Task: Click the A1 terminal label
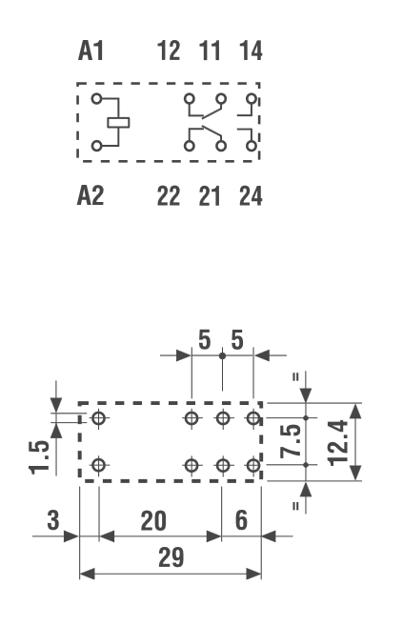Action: [91, 51]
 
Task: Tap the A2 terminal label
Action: [91, 196]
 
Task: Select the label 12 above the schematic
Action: [169, 51]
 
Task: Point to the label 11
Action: [210, 51]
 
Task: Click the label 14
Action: [251, 51]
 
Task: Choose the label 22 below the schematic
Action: [169, 196]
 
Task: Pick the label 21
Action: [210, 196]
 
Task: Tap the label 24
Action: [251, 196]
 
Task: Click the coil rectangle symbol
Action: [118, 123]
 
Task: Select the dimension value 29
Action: [171, 557]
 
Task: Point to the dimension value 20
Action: [153, 520]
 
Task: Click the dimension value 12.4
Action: [338, 443]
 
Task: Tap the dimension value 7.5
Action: [291, 441]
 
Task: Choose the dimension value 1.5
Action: [39, 457]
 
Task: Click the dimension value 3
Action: [53, 520]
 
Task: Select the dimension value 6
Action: [241, 520]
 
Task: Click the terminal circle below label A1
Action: [96, 98]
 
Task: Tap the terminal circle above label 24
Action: [251, 146]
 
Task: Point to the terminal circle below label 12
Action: [190, 98]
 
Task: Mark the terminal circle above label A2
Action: [96, 146]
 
